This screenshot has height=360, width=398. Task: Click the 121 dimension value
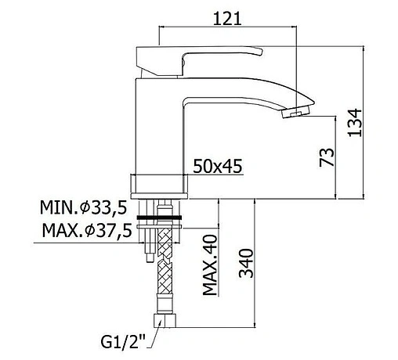pyautogui.click(x=227, y=19)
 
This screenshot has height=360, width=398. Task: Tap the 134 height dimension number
pyautogui.click(x=355, y=123)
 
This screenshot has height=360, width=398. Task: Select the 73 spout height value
pyautogui.click(x=327, y=157)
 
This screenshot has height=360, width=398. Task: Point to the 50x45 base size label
pyautogui.click(x=218, y=166)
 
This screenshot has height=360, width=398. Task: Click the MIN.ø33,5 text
pyautogui.click(x=84, y=207)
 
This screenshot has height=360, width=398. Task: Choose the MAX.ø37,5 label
pyautogui.click(x=87, y=231)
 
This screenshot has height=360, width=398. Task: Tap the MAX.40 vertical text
pyautogui.click(x=210, y=265)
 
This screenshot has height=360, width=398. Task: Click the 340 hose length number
pyautogui.click(x=246, y=263)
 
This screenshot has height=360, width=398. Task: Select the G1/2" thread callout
pyautogui.click(x=123, y=342)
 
